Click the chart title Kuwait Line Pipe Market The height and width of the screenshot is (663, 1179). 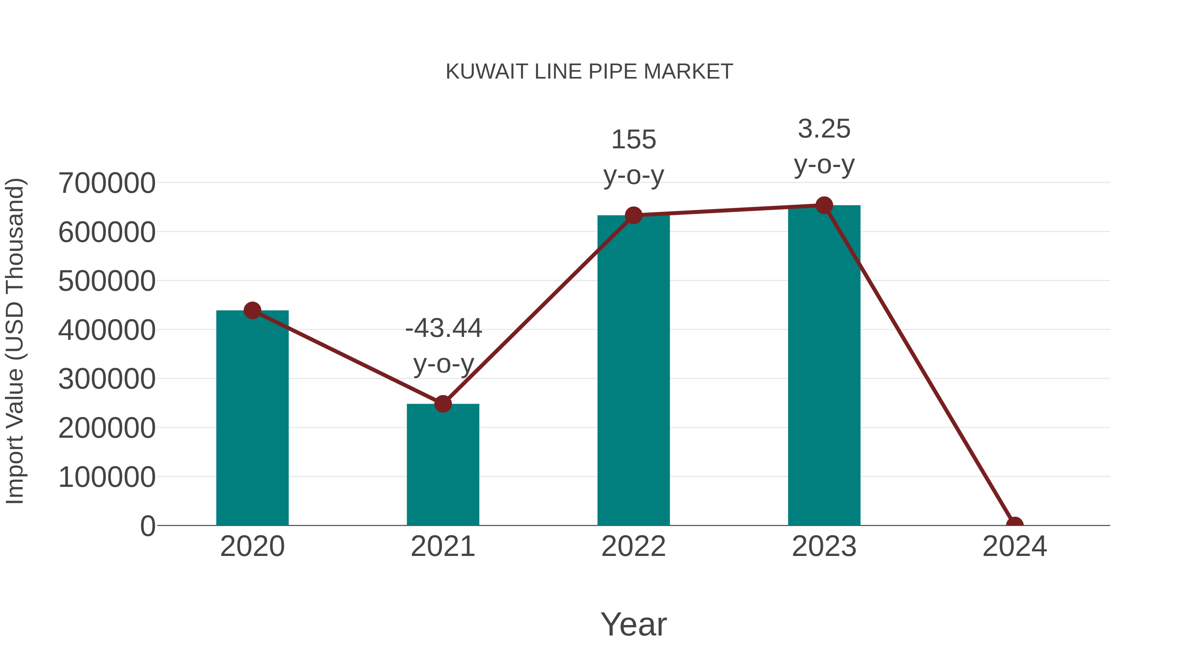[589, 72]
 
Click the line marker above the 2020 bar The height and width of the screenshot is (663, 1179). [252, 311]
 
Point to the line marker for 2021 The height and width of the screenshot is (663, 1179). [442, 404]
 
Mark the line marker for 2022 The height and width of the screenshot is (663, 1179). [633, 215]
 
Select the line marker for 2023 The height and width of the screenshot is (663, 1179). [824, 205]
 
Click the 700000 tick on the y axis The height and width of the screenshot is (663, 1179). [107, 183]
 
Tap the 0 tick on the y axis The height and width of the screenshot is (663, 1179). [147, 526]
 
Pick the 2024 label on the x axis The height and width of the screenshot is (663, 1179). [1015, 546]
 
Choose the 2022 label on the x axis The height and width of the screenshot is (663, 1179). [633, 546]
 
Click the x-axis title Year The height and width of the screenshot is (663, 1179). [633, 624]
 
